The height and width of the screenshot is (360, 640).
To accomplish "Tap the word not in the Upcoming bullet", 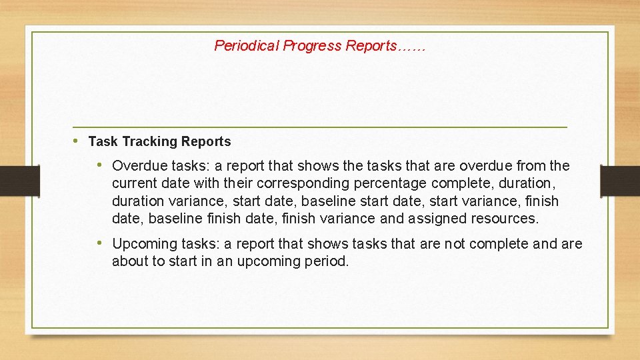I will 455,244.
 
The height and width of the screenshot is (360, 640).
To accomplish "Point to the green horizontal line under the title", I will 320,127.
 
